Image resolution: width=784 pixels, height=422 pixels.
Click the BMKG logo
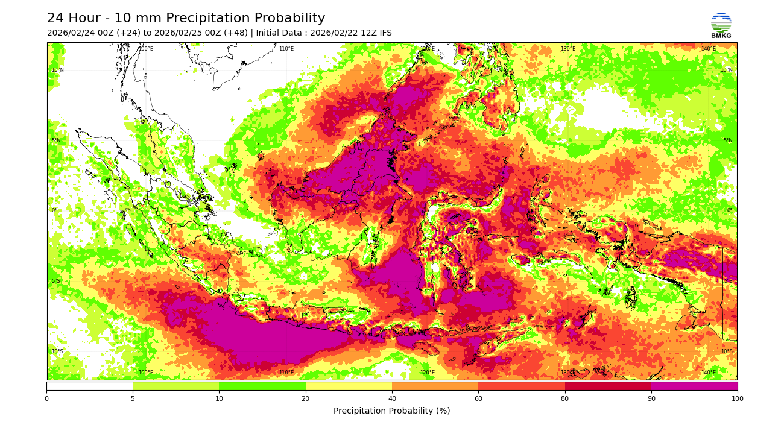point(721,25)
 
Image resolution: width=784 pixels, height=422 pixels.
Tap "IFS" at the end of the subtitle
point(384,33)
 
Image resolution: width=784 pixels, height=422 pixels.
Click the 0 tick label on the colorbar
point(46,398)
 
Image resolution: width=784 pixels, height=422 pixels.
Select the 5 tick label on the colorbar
point(133,398)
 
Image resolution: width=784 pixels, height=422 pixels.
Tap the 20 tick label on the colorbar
point(306,398)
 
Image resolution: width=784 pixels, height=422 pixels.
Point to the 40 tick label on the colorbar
point(392,398)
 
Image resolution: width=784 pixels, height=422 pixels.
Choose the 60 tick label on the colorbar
point(478,398)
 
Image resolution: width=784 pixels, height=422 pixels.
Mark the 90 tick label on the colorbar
point(651,398)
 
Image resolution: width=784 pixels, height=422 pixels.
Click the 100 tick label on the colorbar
point(737,398)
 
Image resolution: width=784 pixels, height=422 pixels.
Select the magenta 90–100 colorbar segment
point(694,386)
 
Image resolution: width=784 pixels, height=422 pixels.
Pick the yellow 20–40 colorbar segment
point(349,386)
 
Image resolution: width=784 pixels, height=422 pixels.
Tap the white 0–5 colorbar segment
point(89,386)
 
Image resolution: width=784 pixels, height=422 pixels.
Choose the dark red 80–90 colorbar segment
point(608,386)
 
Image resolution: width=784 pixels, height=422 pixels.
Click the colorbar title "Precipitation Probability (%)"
point(392,411)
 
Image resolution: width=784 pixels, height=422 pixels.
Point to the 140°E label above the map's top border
point(708,49)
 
